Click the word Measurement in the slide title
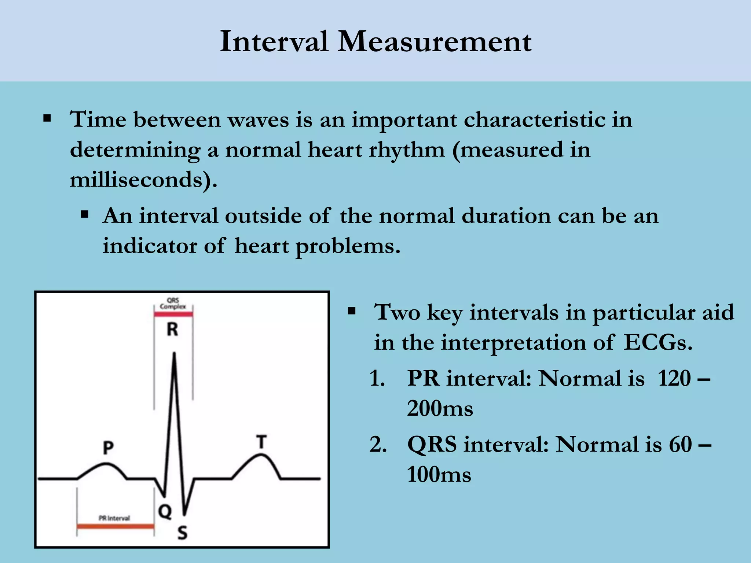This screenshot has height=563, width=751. [x=434, y=42]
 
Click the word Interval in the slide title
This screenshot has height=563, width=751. [x=274, y=42]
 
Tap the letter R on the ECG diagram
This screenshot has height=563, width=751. [x=172, y=329]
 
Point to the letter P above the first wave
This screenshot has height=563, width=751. [x=108, y=448]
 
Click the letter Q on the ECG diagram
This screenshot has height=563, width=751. [x=165, y=511]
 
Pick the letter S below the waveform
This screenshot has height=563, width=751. [x=182, y=533]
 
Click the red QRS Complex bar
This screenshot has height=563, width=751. [x=173, y=314]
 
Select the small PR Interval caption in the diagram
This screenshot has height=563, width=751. [x=114, y=518]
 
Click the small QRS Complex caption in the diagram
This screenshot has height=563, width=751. [x=173, y=303]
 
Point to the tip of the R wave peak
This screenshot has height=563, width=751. [x=174, y=354]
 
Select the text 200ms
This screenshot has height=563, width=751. [x=440, y=408]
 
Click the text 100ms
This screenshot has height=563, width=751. [x=439, y=475]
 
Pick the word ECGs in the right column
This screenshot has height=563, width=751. [x=658, y=343]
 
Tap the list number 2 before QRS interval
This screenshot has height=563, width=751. [x=378, y=445]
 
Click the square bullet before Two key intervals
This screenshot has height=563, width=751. [x=352, y=312]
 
